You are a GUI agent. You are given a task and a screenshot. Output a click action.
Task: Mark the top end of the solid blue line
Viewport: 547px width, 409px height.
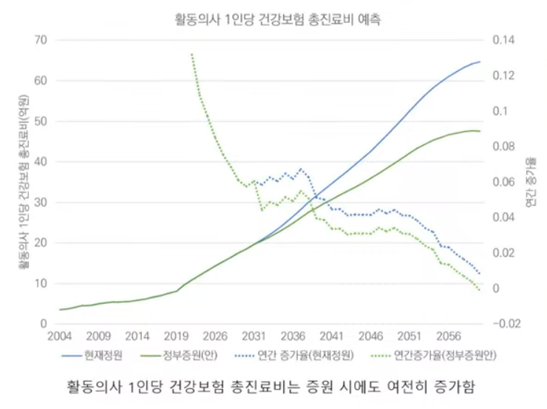[480, 61]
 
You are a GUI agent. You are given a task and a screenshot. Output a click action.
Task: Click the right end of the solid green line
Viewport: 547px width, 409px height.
[480, 131]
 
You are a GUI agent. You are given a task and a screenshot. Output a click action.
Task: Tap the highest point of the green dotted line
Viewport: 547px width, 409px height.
[191, 54]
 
